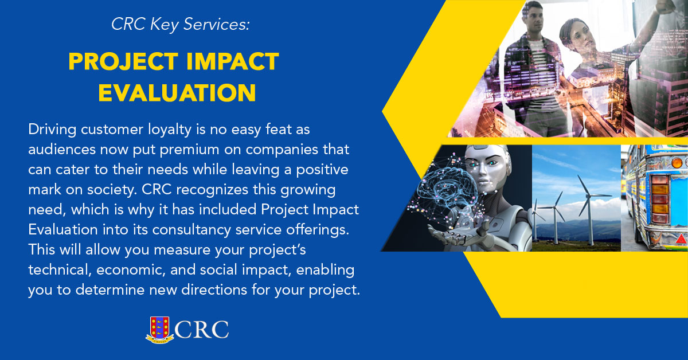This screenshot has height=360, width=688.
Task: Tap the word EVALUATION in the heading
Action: tap(177, 93)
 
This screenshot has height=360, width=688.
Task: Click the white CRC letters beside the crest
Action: tap(202, 330)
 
